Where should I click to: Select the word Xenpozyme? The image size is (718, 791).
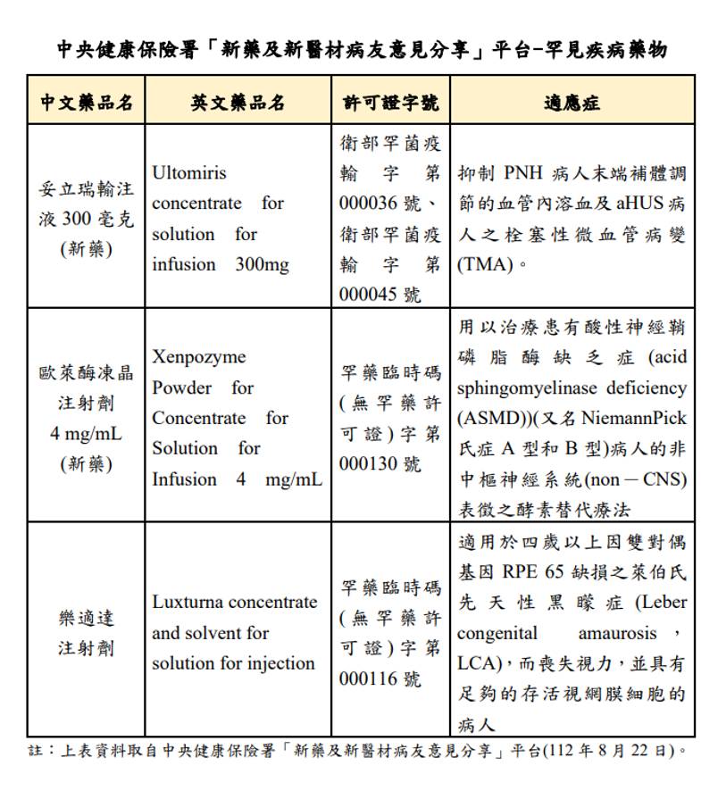[198, 357]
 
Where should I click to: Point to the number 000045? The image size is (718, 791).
[368, 295]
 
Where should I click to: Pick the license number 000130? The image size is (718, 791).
[368, 463]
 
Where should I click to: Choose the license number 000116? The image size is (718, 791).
[368, 679]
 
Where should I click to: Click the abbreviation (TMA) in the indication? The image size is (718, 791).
[481, 264]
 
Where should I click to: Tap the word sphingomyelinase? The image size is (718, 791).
[528, 388]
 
